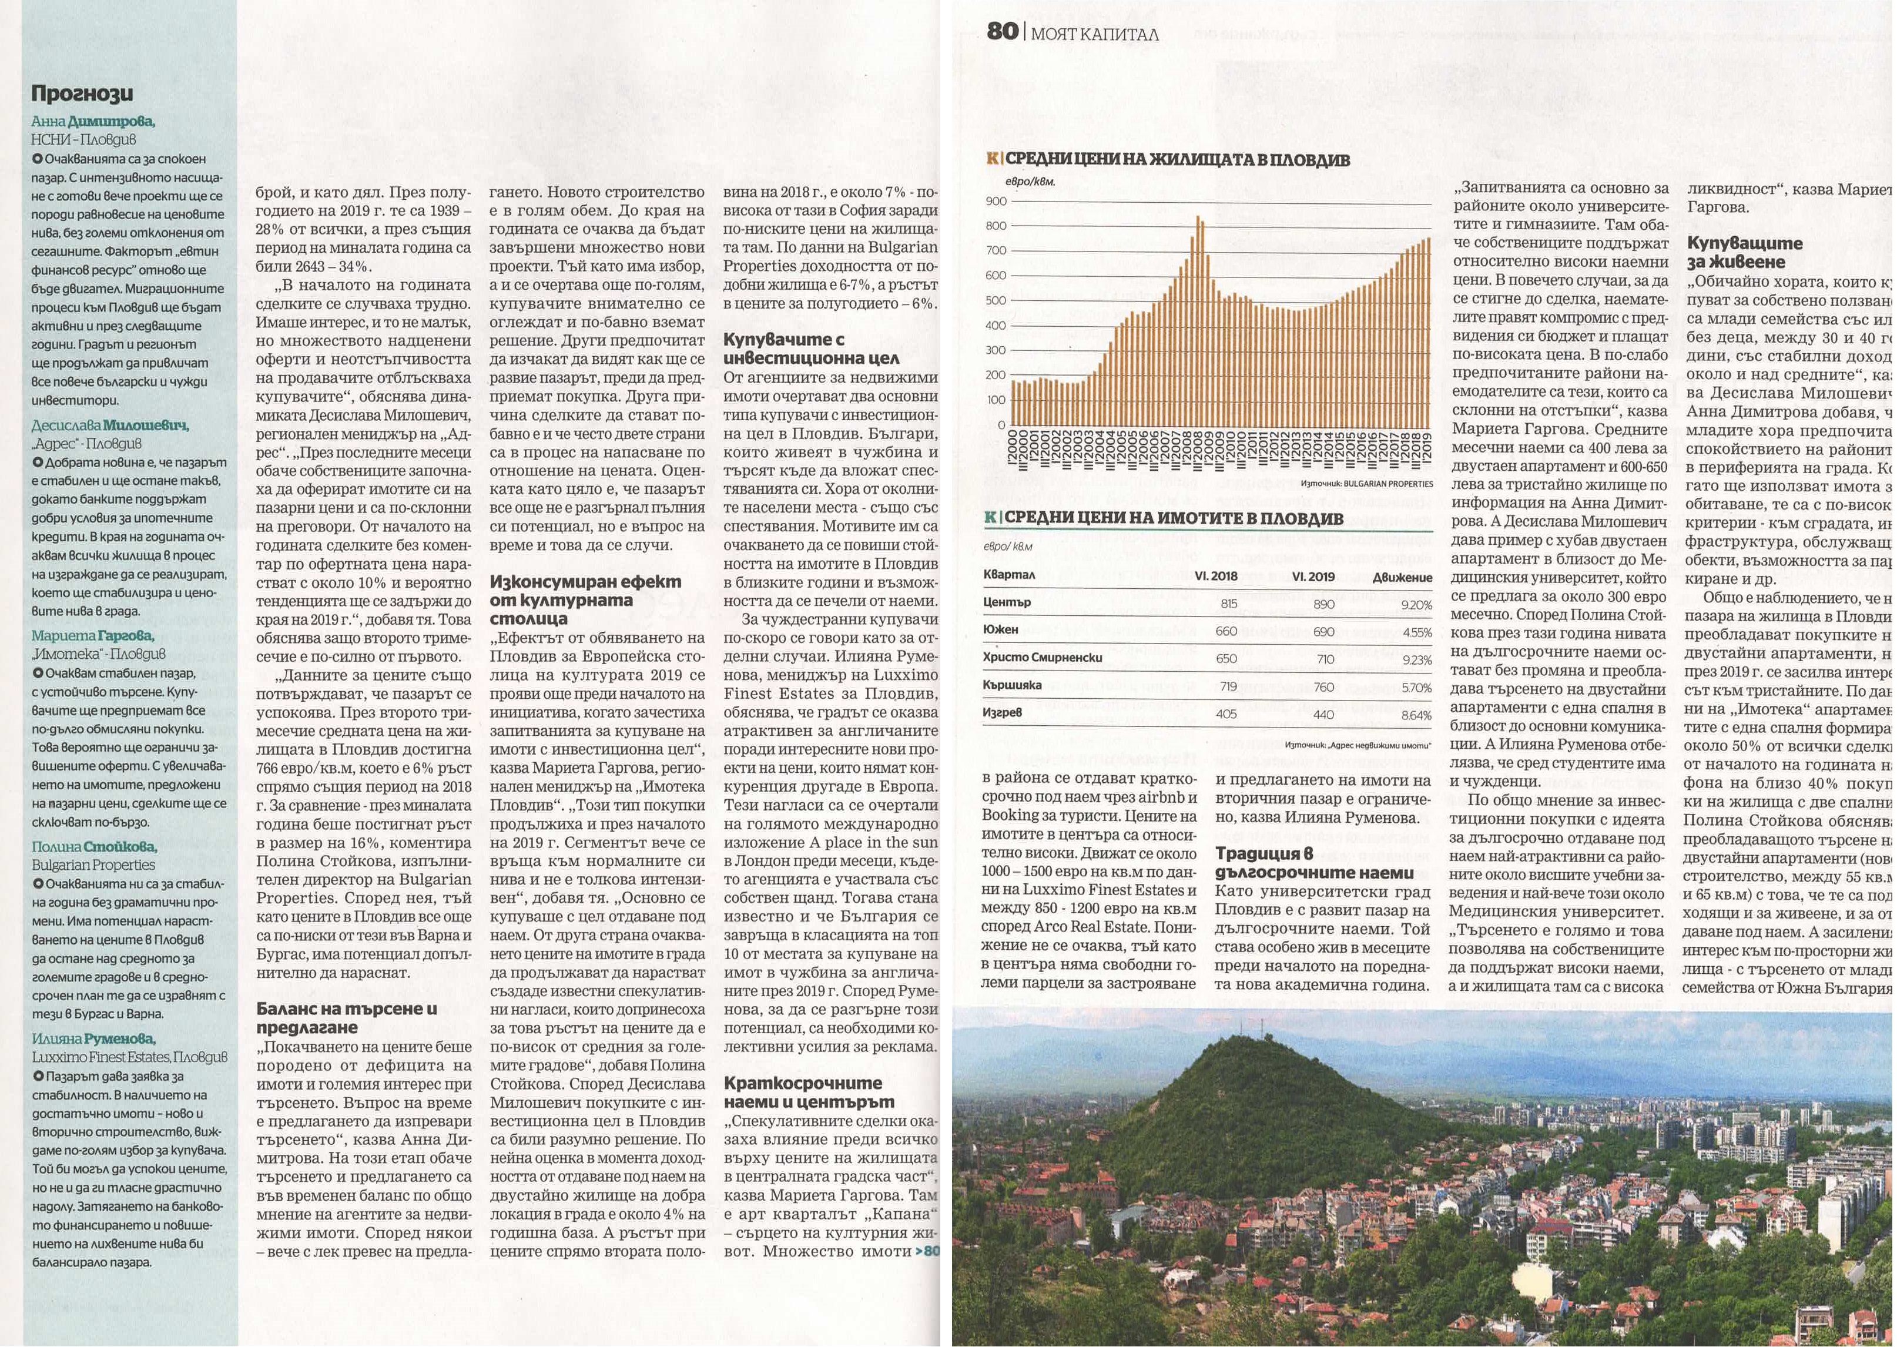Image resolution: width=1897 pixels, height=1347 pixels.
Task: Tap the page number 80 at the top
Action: pos(1002,32)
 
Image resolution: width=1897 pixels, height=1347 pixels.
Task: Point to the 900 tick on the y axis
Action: pos(996,202)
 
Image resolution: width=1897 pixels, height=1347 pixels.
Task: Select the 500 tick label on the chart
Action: pos(996,301)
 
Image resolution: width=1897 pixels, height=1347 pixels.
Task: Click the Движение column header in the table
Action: pos(1402,577)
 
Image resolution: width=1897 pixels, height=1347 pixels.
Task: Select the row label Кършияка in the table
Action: pos(1012,685)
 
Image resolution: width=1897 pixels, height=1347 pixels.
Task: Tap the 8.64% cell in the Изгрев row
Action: pos(1416,715)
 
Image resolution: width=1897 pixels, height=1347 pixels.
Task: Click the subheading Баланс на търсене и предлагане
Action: pos(346,1018)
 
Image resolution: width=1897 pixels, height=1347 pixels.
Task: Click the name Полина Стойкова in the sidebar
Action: pos(93,847)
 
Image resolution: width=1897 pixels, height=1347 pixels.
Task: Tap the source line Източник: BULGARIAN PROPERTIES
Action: pos(1366,484)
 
